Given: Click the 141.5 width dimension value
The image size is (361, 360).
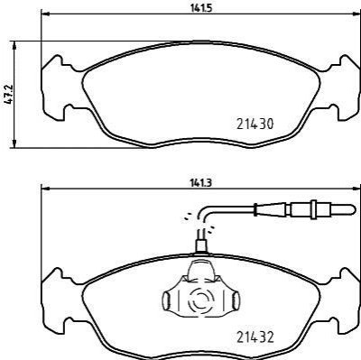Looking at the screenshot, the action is [201, 8].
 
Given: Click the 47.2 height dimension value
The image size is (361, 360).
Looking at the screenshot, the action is [8, 95].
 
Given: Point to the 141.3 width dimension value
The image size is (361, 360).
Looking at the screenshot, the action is [201, 183].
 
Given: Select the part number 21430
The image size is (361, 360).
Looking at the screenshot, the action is [255, 124].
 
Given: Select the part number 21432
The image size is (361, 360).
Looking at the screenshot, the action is [255, 337].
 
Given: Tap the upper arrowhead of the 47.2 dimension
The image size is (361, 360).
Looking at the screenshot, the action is [14, 45].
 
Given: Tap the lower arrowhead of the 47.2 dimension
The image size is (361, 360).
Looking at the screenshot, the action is [14, 143].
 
